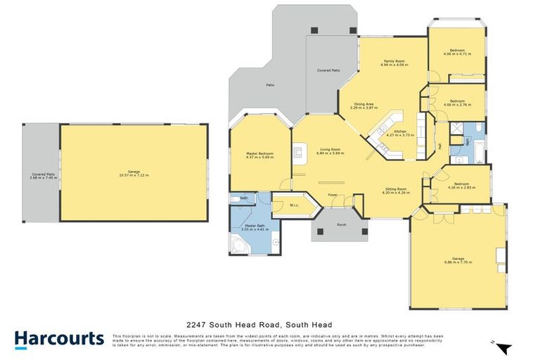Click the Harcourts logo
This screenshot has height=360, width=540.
point(59,339)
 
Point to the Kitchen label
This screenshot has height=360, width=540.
point(400,131)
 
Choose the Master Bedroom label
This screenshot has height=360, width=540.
point(259,154)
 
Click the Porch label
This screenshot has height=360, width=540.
point(342,225)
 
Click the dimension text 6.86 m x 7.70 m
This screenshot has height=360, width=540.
point(458,262)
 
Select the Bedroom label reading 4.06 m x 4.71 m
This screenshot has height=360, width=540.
point(458,53)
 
